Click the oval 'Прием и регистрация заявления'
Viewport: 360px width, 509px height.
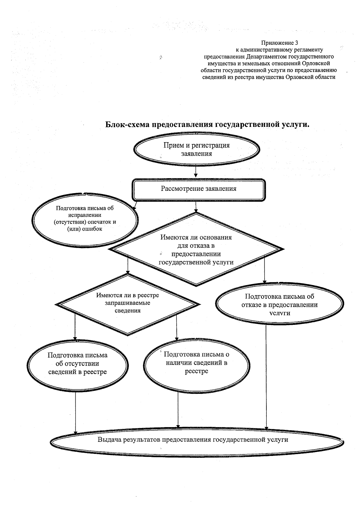pyautogui.click(x=196, y=149)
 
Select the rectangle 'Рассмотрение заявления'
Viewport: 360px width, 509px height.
pyautogui.click(x=199, y=190)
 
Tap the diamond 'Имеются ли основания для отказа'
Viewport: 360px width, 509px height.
pyautogui.click(x=196, y=249)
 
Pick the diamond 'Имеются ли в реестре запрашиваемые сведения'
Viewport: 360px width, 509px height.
pyautogui.click(x=128, y=304)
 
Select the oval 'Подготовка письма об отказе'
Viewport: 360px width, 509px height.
pyautogui.click(x=280, y=304)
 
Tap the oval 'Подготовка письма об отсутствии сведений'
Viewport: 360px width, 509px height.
pyautogui.click(x=77, y=366)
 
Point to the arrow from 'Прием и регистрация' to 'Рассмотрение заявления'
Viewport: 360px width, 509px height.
pyautogui.click(x=196, y=172)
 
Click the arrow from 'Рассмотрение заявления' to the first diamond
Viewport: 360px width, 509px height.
pyautogui.click(x=196, y=207)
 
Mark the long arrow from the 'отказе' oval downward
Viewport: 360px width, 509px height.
pyautogui.click(x=266, y=377)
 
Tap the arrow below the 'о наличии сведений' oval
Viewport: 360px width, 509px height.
pyautogui.click(x=178, y=410)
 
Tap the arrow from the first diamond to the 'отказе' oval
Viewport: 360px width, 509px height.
pyautogui.click(x=264, y=270)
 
